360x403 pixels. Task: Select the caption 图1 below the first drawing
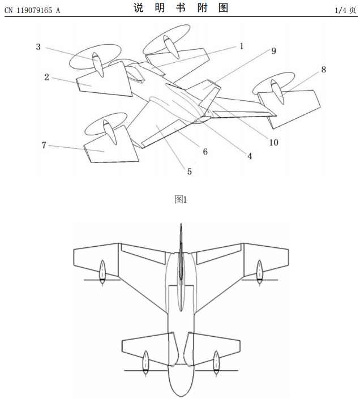181,199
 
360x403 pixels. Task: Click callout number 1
241,46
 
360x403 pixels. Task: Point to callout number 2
47,77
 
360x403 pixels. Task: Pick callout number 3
38,47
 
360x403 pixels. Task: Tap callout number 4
248,156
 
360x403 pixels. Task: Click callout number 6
205,151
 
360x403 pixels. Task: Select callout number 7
44,145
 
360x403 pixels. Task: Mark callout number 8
323,70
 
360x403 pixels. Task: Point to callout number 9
273,51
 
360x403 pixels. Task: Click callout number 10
273,142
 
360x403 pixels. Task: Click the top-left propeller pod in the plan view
102,272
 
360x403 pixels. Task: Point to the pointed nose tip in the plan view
181,225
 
